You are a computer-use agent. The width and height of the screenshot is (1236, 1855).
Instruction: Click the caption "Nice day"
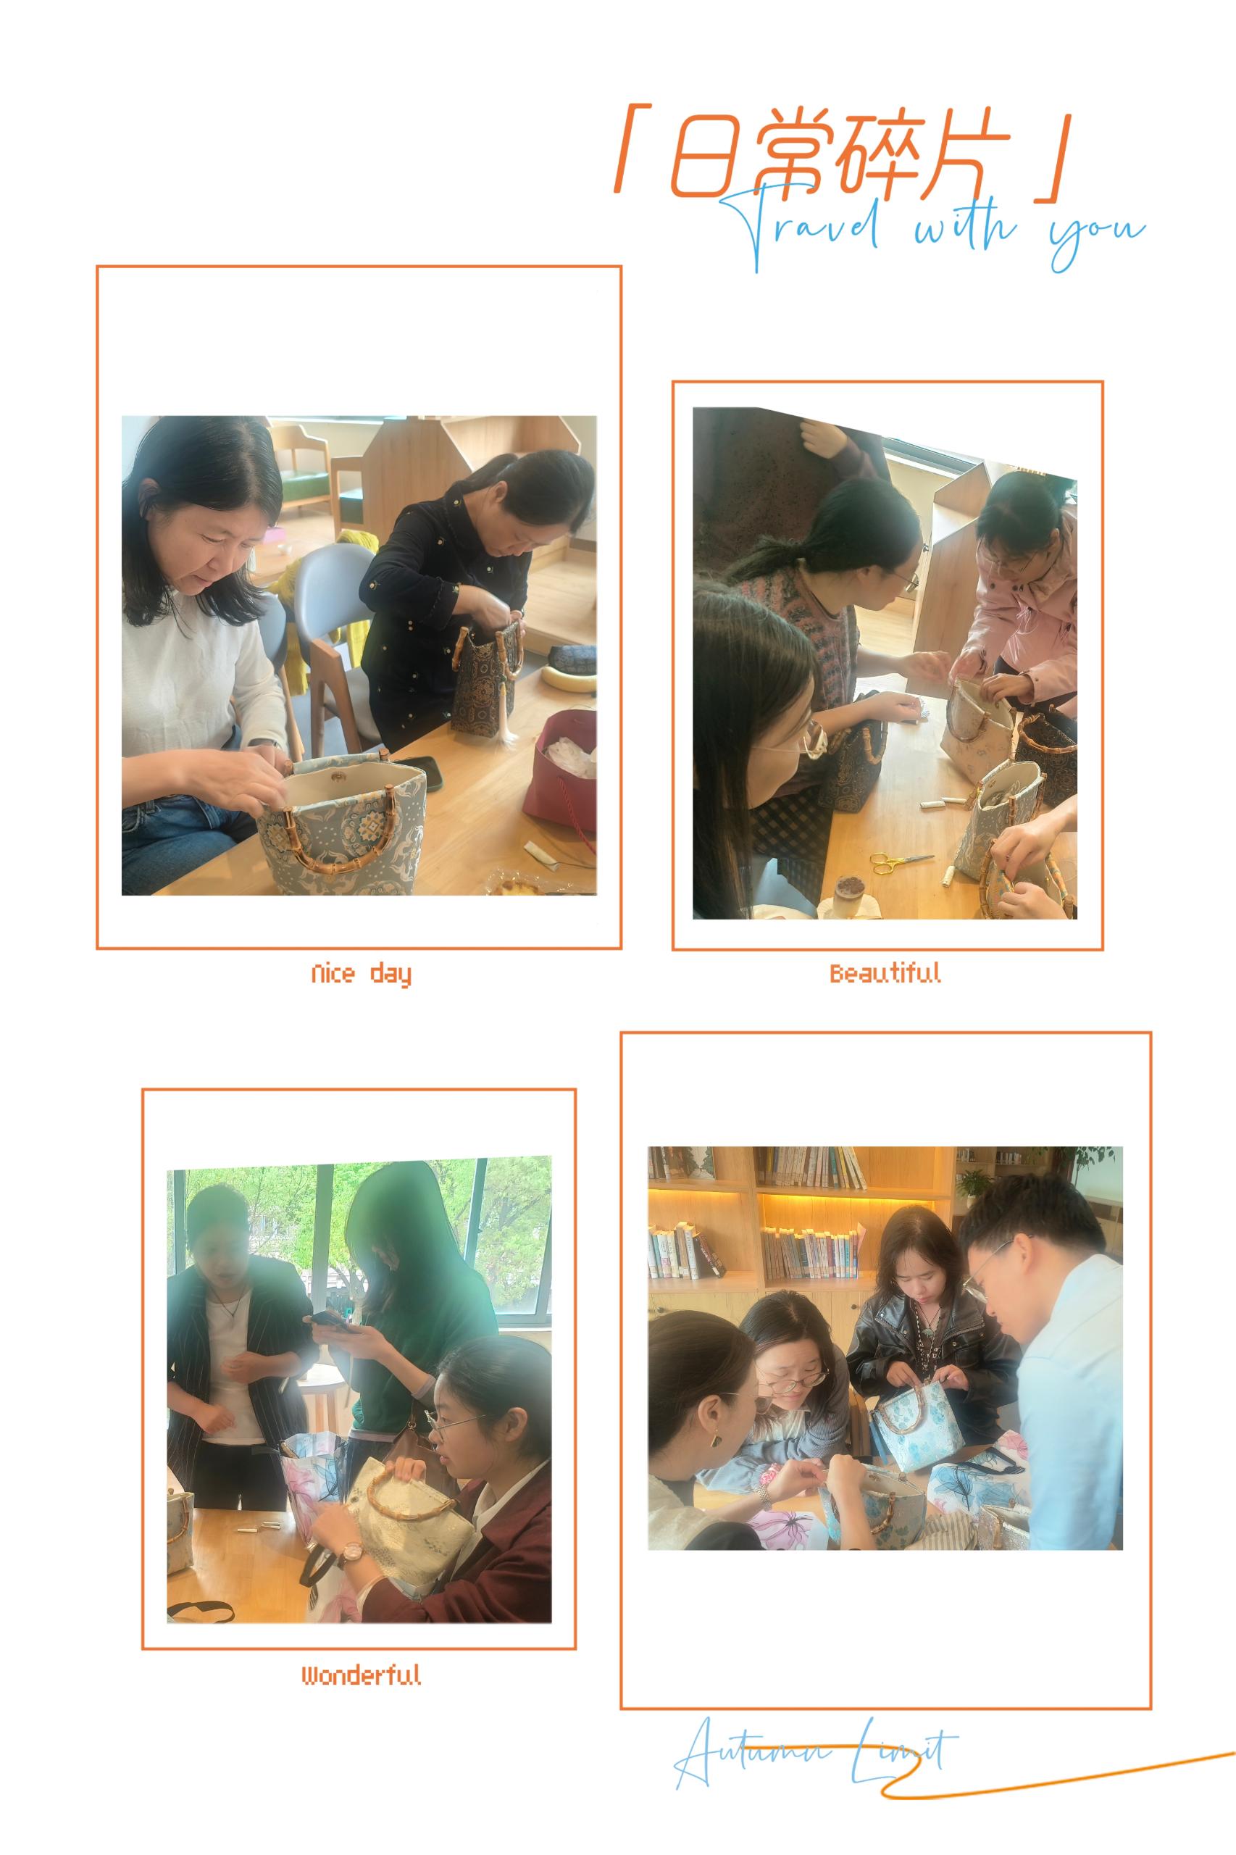tap(361, 975)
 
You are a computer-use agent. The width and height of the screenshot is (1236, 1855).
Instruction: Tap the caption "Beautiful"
tap(885, 973)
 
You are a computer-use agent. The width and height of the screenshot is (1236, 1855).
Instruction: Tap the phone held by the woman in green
tap(332, 1321)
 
